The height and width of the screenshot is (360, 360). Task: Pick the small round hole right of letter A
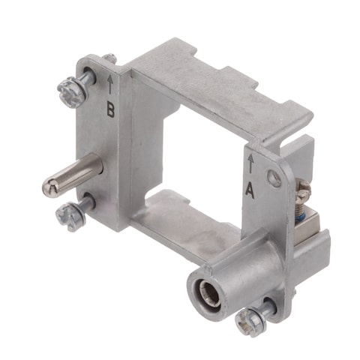(275, 178)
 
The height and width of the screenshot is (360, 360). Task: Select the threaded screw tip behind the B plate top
(109, 58)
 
